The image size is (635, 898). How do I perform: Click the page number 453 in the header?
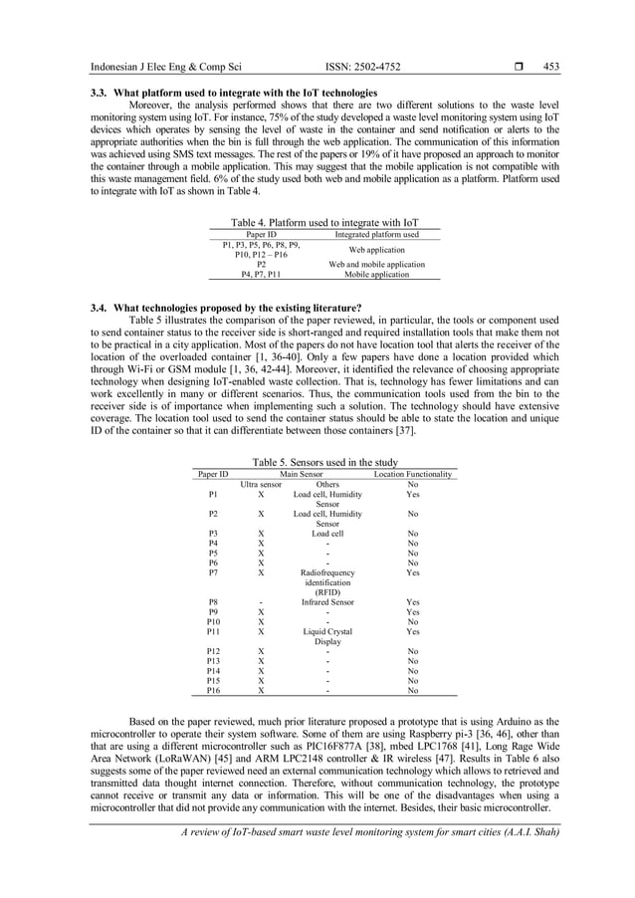coord(550,67)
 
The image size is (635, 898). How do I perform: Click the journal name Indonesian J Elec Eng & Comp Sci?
coord(166,67)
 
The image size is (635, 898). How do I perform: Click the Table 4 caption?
coord(324,222)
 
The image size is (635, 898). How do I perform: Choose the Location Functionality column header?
coord(412,475)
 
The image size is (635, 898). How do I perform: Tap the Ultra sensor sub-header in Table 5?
coord(261,485)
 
